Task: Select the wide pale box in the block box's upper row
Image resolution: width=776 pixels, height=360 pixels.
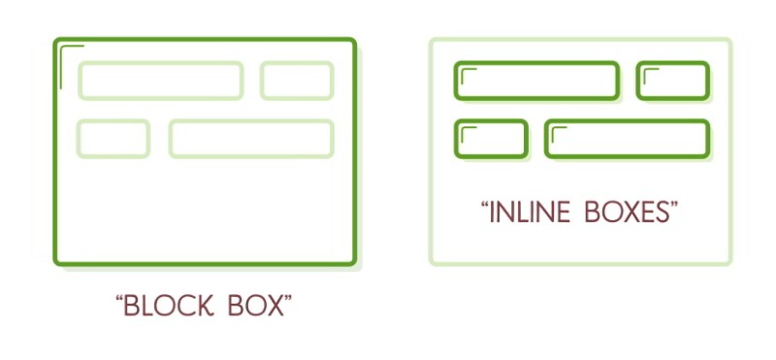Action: click(160, 81)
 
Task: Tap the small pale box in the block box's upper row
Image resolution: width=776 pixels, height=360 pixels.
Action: click(297, 81)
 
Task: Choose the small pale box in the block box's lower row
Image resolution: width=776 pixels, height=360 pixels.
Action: click(113, 139)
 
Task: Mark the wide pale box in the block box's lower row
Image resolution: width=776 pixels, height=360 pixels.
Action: click(251, 139)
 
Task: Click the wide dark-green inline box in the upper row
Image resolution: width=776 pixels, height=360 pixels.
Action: click(536, 81)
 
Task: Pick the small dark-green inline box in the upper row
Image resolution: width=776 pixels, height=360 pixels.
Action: click(673, 81)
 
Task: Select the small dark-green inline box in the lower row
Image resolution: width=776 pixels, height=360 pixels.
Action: click(491, 139)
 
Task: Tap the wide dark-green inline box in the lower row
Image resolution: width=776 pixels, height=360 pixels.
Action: click(628, 139)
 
